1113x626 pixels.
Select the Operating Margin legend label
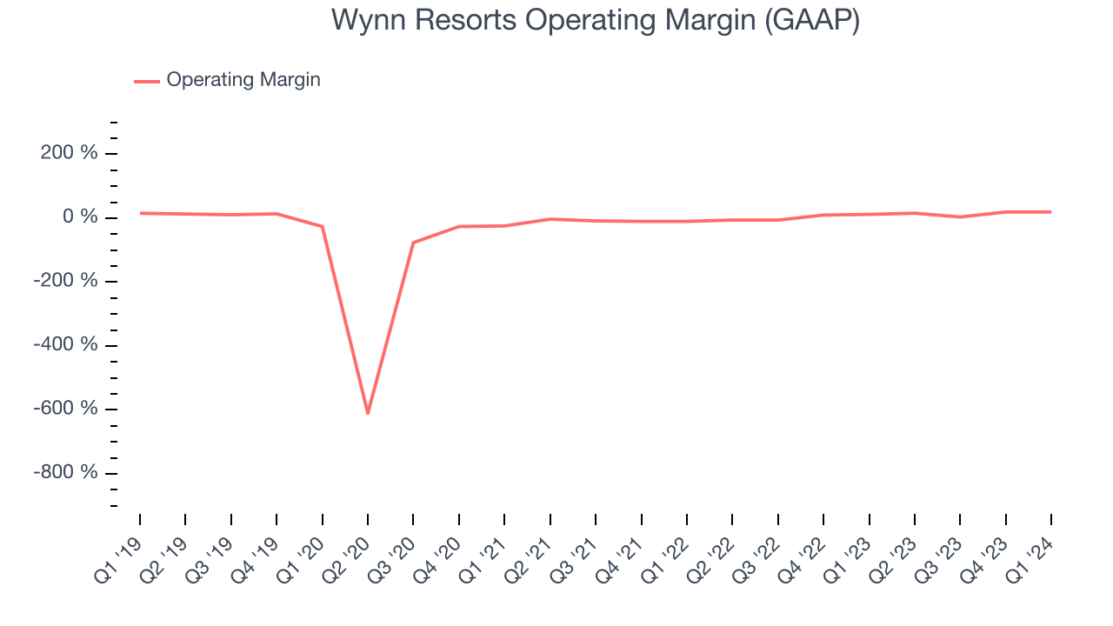243,80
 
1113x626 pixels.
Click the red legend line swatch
146,81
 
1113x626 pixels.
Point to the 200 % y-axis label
77,154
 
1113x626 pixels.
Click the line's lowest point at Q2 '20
368,413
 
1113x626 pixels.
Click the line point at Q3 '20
413,243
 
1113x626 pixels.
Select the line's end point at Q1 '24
1050,212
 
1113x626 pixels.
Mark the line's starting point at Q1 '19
140,213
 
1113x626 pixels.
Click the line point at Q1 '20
323,227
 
